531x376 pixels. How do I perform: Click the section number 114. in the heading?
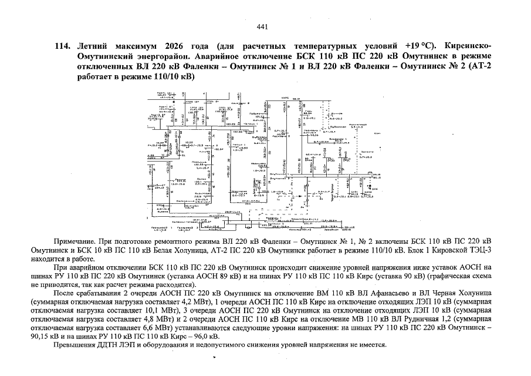(62, 46)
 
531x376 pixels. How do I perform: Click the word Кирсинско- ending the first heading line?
(469, 46)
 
